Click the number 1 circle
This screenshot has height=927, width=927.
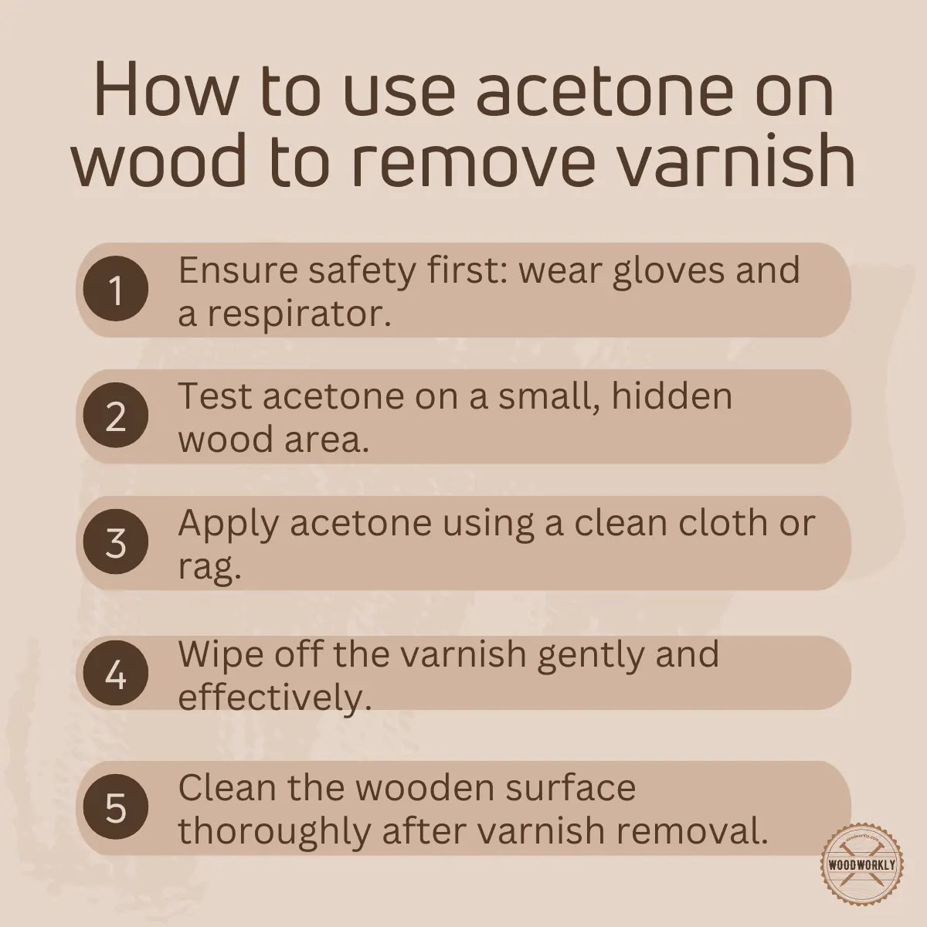(x=115, y=291)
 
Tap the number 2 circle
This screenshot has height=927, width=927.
(x=115, y=417)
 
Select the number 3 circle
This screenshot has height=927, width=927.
(x=115, y=543)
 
